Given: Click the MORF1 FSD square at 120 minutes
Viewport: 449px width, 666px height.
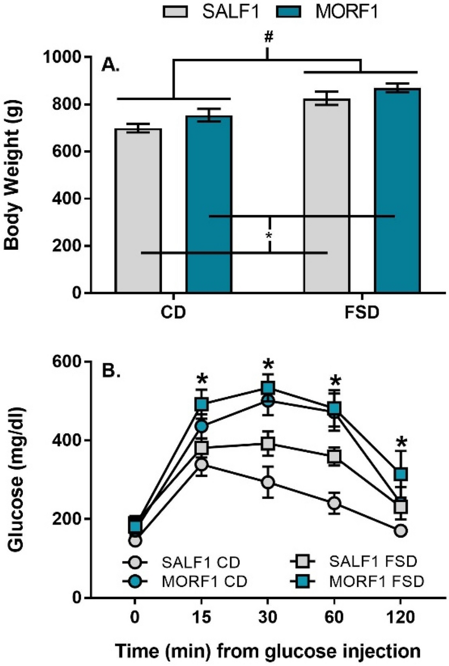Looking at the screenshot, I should pos(401,474).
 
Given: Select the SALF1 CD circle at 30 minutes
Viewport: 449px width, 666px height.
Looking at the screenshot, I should pos(267,483).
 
